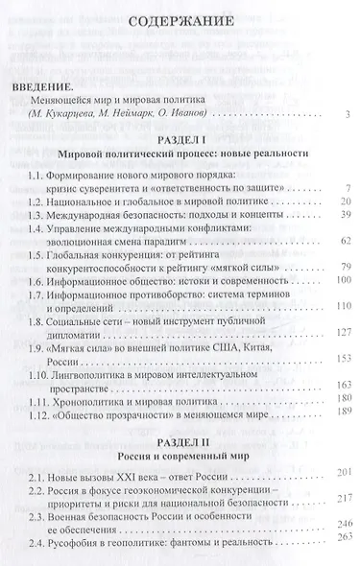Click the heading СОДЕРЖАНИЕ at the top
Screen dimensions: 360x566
point(179,20)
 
